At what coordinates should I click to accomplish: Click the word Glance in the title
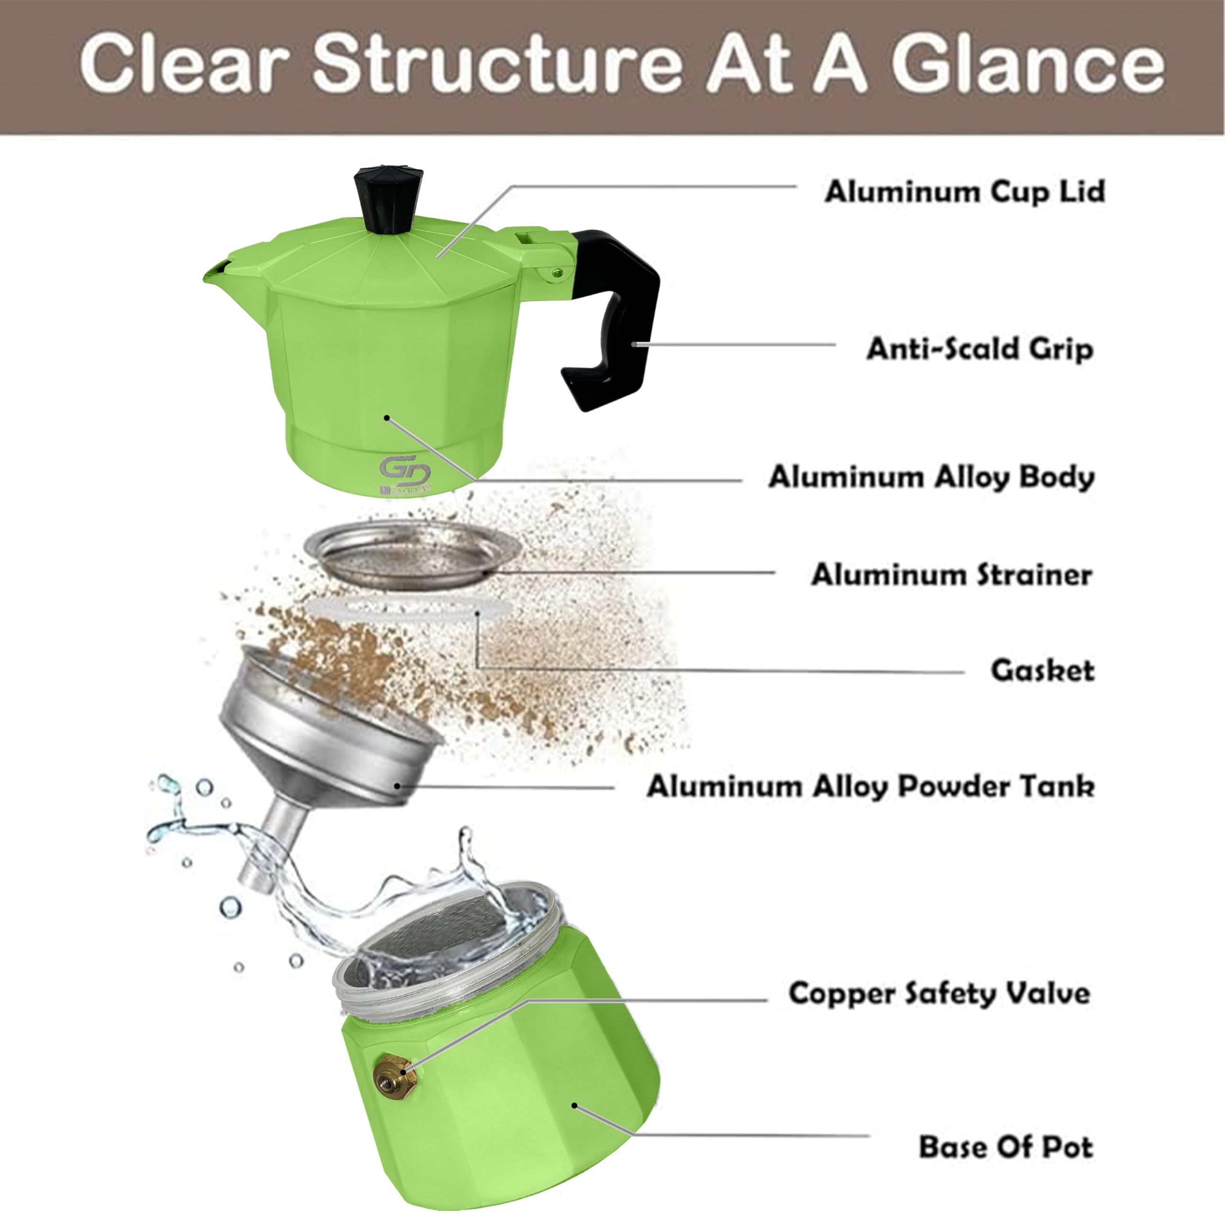[1027, 64]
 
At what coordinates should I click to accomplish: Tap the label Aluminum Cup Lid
[964, 191]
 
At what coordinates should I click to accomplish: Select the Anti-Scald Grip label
[980, 349]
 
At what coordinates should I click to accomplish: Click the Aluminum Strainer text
[951, 575]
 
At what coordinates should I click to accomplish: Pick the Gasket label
[1042, 670]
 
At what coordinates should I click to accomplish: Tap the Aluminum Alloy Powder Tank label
[870, 786]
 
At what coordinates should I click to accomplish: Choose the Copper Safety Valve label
[939, 993]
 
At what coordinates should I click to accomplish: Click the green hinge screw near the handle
[557, 273]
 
